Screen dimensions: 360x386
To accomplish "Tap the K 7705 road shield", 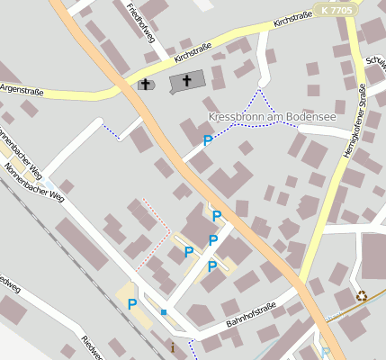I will click(x=336, y=10).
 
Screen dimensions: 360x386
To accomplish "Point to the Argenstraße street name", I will click(x=22, y=90).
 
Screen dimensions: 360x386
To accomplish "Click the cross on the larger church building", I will click(x=187, y=81).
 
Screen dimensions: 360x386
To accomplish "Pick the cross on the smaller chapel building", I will click(x=145, y=85).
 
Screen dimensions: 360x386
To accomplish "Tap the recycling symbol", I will click(x=362, y=295).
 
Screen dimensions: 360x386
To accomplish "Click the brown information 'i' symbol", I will click(x=173, y=346).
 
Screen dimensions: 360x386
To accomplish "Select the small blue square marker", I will click(x=164, y=311).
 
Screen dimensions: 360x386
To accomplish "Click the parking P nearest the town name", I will click(x=208, y=140).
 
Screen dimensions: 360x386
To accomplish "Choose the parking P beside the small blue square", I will click(x=132, y=304).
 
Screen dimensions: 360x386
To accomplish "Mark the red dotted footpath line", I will click(x=151, y=232).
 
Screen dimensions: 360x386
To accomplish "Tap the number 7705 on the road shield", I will click(x=340, y=10).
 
